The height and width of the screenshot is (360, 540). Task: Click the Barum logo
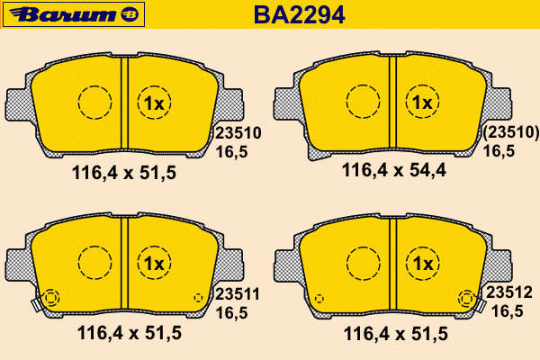[74, 14]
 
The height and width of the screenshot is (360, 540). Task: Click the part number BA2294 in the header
[299, 14]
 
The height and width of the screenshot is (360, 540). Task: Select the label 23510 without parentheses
[238, 133]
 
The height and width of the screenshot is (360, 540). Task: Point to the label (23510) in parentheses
[510, 132]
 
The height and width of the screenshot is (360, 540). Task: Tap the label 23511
[238, 294]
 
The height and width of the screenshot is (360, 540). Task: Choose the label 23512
[509, 292]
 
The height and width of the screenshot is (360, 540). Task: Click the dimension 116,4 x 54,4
[393, 170]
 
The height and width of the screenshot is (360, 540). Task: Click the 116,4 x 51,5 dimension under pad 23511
[130, 333]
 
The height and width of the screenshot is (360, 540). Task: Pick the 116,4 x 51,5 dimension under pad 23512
[396, 334]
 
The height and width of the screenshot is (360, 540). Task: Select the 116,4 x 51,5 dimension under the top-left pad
[124, 173]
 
